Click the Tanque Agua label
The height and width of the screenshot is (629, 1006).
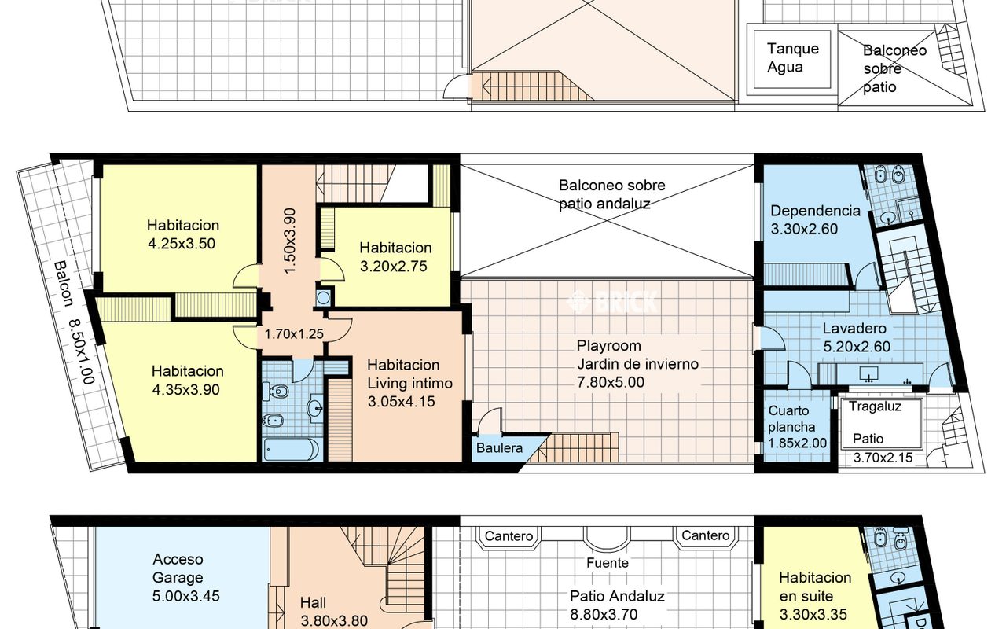(793, 58)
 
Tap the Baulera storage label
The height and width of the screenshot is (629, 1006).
(499, 448)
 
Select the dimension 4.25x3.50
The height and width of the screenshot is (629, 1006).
(182, 244)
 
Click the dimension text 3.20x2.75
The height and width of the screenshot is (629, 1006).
(394, 266)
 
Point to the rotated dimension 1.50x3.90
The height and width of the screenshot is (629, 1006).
(290, 241)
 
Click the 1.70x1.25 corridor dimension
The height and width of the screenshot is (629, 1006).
(294, 334)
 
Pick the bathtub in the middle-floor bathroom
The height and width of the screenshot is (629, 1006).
(292, 449)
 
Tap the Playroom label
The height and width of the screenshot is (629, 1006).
(608, 345)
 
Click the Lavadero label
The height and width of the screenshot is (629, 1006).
(854, 328)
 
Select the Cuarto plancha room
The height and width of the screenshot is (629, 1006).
(797, 426)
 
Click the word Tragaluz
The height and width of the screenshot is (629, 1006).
(875, 406)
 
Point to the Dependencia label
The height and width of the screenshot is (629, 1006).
(815, 210)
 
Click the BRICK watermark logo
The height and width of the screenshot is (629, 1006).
(612, 301)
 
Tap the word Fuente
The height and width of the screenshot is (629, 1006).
(608, 562)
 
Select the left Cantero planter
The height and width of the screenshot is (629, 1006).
(509, 537)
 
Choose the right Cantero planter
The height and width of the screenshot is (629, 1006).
(706, 537)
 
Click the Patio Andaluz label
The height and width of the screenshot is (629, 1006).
(617, 596)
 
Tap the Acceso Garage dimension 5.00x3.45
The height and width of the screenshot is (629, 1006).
(186, 596)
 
